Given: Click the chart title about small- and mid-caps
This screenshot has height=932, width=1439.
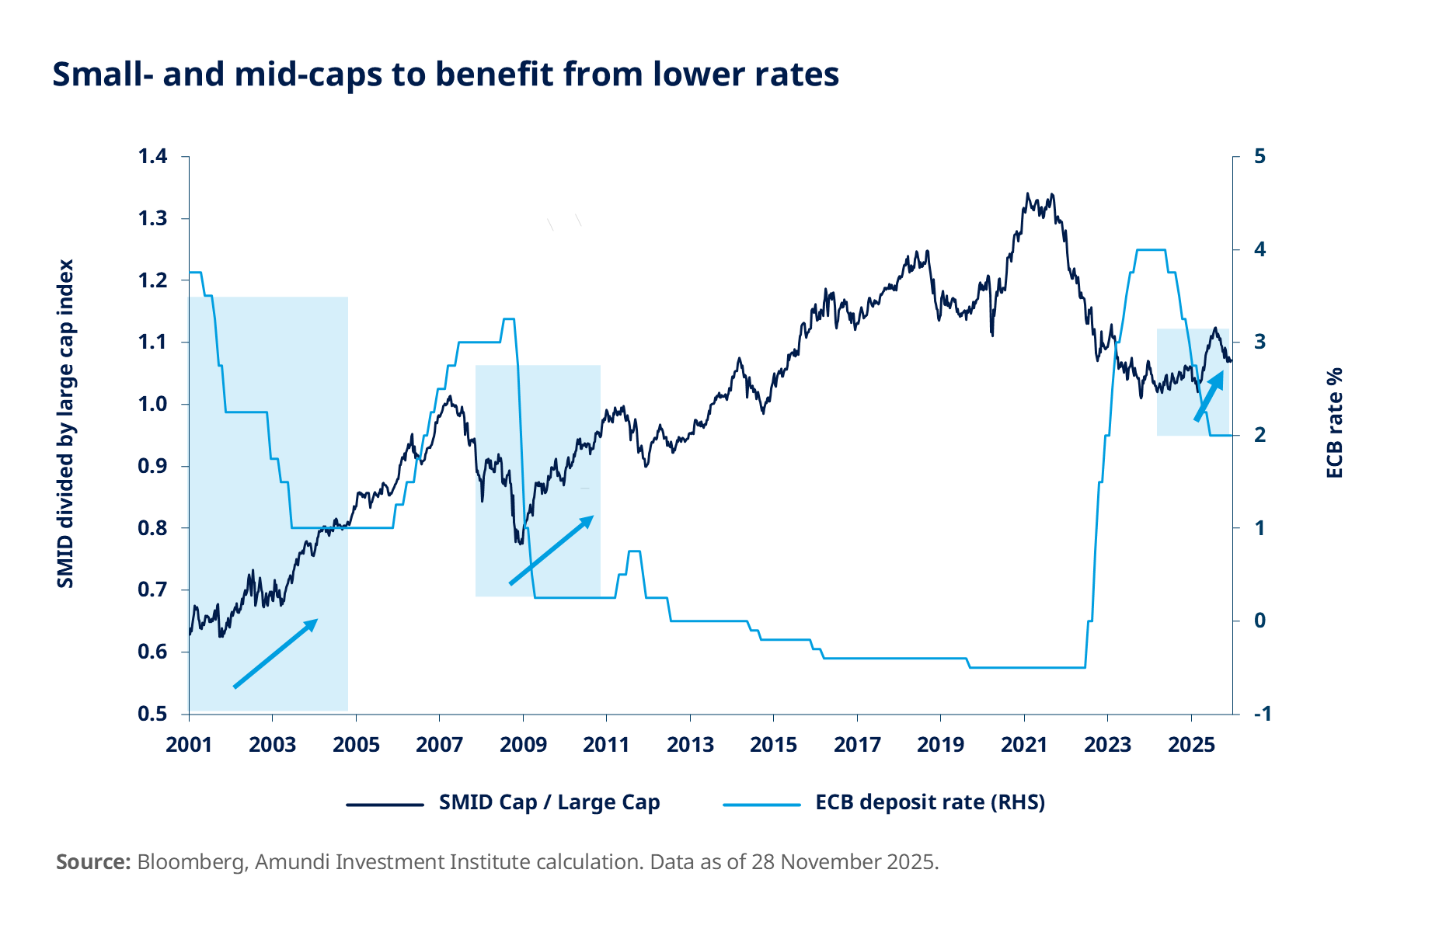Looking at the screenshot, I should pyautogui.click(x=445, y=75).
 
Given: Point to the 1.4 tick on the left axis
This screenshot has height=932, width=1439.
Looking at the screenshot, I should pyautogui.click(x=152, y=157).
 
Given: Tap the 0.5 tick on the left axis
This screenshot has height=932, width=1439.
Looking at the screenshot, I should pyautogui.click(x=152, y=714).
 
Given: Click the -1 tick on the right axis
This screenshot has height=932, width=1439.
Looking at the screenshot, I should pyautogui.click(x=1261, y=714).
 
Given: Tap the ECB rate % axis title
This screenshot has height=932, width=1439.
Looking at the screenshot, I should pyautogui.click(x=1334, y=423).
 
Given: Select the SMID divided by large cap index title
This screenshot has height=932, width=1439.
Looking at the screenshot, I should pyautogui.click(x=65, y=423).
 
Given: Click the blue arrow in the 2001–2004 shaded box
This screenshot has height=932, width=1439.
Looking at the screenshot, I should pyautogui.click(x=276, y=653).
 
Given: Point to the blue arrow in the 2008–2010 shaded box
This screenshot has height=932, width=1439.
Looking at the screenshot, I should pyautogui.click(x=551, y=550).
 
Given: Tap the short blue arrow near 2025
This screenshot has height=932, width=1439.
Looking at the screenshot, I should pyautogui.click(x=1209, y=396).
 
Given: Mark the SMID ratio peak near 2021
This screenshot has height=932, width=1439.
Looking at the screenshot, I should pyautogui.click(x=1027, y=194).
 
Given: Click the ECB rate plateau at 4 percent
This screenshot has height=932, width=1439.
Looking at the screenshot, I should pyautogui.click(x=1151, y=250).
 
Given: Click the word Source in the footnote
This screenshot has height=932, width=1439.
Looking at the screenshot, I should pyautogui.click(x=92, y=862).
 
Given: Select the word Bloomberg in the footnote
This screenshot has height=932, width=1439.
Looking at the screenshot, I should pyautogui.click(x=191, y=862).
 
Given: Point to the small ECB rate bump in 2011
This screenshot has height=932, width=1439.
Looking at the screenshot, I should pyautogui.click(x=634, y=551).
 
